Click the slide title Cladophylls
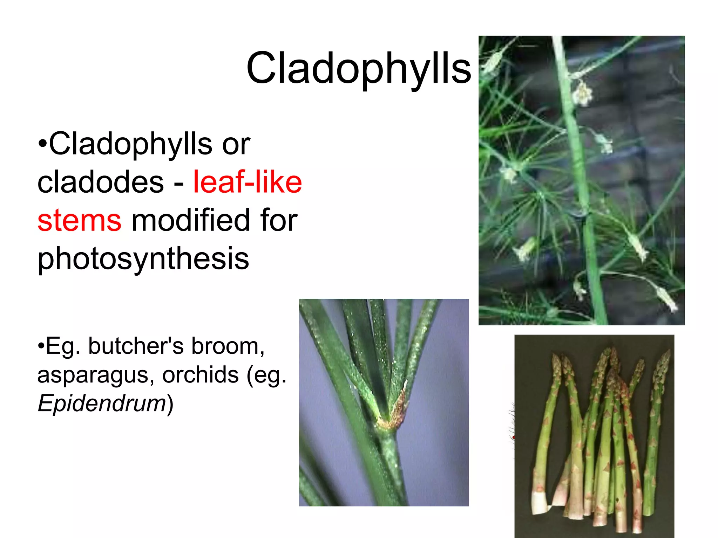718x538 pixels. [x=358, y=68]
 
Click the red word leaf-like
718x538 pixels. [x=247, y=182]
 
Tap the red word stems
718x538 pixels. [x=79, y=220]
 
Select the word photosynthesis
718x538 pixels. [x=143, y=259]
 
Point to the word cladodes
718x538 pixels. [x=101, y=182]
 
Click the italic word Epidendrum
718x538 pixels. [x=102, y=403]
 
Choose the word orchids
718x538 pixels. [x=200, y=375]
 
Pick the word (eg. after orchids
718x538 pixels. [x=266, y=375]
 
